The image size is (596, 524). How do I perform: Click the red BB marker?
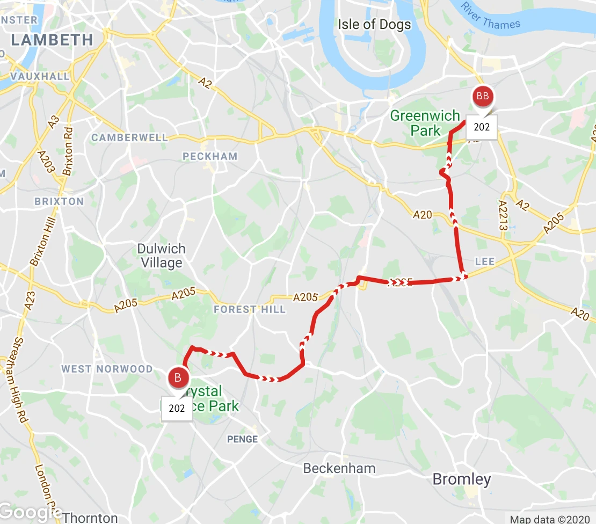tap(482, 97)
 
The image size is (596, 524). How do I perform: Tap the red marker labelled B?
tap(178, 377)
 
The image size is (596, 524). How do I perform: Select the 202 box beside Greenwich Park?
tap(482, 127)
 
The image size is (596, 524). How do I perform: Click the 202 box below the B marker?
tap(177, 408)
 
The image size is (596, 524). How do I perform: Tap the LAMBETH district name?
tap(52, 39)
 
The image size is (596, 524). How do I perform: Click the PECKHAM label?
tap(209, 156)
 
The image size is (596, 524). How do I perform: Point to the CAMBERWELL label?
tap(129, 137)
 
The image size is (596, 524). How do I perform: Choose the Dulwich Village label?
tap(161, 256)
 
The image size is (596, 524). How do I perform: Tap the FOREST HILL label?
tap(243, 309)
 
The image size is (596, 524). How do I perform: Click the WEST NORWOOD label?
tap(107, 369)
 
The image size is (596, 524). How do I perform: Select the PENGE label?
tap(243, 439)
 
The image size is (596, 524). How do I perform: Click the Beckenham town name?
tap(339, 468)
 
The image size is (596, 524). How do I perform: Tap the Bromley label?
tap(461, 479)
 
